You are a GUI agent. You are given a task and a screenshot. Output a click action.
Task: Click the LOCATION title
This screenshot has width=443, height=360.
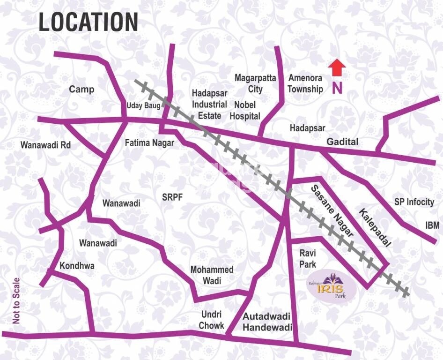pos(88,22)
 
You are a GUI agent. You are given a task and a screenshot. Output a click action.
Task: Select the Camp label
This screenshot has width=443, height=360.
pos(81,89)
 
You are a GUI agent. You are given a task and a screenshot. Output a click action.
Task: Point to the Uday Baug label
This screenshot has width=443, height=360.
pos(143,106)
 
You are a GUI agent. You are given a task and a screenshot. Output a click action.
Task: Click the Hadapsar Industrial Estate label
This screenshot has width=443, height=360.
pos(209,104)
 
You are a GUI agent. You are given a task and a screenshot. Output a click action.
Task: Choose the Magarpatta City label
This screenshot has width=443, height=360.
pos(255,83)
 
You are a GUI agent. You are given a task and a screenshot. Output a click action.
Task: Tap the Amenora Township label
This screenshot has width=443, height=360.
pos(305,83)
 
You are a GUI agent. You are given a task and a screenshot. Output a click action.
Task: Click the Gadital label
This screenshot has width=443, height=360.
pos(342,142)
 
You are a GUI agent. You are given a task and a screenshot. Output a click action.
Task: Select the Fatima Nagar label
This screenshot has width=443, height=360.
pos(149,142)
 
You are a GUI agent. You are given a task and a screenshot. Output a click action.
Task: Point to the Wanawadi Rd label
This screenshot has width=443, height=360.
pos(45,145)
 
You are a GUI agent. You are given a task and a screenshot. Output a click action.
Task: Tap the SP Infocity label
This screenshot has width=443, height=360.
pos(414,202)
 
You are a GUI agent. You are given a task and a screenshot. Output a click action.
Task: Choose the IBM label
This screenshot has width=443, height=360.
pos(432,225)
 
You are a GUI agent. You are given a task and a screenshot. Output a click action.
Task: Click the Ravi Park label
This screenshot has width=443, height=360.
pos(308,258)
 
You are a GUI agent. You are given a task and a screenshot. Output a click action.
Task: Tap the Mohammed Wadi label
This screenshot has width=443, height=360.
pos(212,275)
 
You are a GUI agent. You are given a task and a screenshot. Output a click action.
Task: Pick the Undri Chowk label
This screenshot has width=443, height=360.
pos(212,320)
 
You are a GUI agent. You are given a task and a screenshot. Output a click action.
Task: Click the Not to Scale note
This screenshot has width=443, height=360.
pos(17,300)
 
